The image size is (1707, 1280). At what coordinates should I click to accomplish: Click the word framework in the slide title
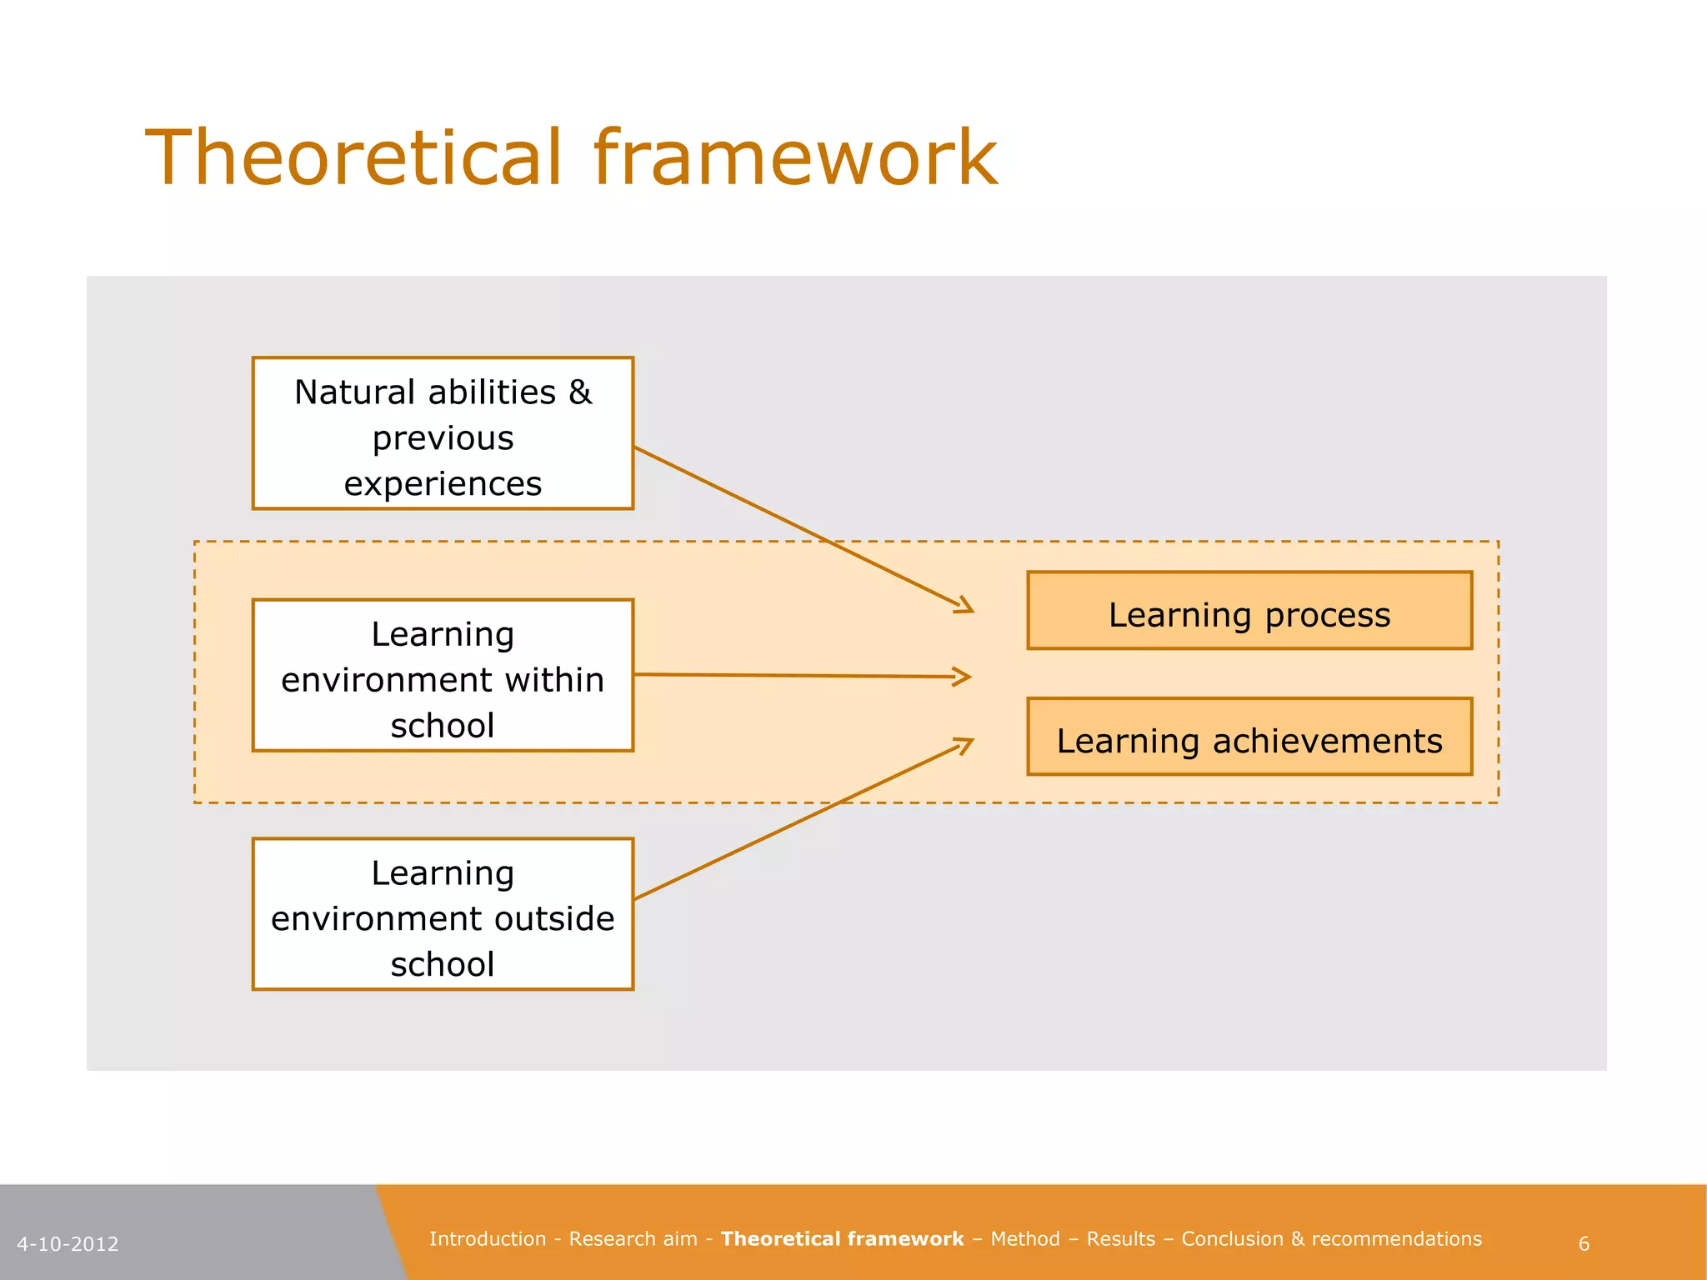(x=795, y=157)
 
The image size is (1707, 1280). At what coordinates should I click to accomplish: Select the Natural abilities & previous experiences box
(x=443, y=433)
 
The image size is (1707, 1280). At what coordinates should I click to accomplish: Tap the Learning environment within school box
(x=443, y=675)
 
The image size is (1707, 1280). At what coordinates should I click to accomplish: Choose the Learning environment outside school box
(x=443, y=914)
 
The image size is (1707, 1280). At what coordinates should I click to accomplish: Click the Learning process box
(x=1249, y=611)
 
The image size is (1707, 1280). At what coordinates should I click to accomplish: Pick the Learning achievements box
(x=1249, y=737)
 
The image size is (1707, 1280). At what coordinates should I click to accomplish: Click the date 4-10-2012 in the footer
(x=68, y=1244)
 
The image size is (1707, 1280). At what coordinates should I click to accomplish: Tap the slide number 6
(x=1584, y=1244)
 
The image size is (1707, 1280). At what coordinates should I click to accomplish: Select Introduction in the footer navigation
(x=488, y=1239)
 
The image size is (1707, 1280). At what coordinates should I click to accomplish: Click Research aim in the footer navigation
(x=633, y=1239)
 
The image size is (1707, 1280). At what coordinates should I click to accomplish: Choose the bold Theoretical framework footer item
(x=842, y=1239)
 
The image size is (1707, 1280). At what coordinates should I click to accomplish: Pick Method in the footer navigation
(x=1025, y=1239)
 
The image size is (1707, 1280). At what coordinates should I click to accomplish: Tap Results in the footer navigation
(x=1121, y=1239)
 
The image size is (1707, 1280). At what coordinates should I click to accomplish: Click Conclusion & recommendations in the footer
(x=1331, y=1239)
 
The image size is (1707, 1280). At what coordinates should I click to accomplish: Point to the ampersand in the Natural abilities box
(x=580, y=392)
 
